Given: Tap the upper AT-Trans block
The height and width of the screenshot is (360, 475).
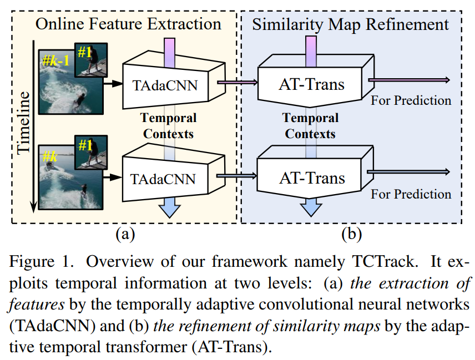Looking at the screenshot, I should point(311,84).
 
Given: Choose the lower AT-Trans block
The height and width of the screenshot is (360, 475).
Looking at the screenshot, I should point(311,178).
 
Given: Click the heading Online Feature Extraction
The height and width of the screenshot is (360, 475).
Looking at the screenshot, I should point(128,24).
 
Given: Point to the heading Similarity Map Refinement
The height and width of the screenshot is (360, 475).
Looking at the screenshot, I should point(350,24).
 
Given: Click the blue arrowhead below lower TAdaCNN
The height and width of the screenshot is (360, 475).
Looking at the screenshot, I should point(168,210).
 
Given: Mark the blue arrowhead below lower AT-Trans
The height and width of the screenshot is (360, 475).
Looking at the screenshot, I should point(311,209).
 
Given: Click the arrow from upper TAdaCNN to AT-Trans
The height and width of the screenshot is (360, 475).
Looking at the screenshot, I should point(236,83).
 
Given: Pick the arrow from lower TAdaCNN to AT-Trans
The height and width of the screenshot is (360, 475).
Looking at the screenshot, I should point(236,176).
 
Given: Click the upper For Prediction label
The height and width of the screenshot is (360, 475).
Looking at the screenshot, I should point(411,100).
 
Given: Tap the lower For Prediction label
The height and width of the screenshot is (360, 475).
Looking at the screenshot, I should point(411,194).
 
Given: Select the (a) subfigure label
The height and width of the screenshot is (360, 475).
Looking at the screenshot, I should point(125,234).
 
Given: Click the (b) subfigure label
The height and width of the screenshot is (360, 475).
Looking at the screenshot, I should point(351,234).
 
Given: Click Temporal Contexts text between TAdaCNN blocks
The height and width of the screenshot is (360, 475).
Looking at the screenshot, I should point(168,125).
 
